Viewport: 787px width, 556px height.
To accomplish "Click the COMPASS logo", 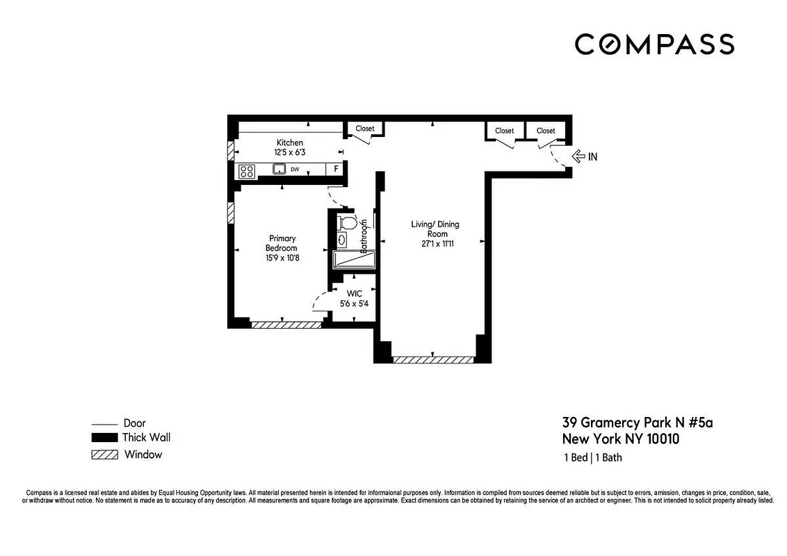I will (x=654, y=44).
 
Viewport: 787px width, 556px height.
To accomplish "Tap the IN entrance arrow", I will (x=578, y=156).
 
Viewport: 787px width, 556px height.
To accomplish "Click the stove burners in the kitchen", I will (x=246, y=170).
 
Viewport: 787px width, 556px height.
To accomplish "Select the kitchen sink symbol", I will (x=279, y=168).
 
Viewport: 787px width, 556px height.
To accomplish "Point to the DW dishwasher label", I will (x=295, y=169).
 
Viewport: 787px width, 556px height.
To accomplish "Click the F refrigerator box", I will (x=336, y=169).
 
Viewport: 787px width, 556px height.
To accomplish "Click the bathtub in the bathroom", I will (x=354, y=260).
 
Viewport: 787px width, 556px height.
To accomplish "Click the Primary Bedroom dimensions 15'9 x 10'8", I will (x=282, y=258).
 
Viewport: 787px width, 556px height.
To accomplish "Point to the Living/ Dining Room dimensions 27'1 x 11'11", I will (x=435, y=244).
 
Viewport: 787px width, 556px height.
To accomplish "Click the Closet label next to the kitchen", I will (x=364, y=129).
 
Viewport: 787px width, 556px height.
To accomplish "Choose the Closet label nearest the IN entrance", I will (x=546, y=131).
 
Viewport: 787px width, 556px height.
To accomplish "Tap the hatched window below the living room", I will (x=433, y=360).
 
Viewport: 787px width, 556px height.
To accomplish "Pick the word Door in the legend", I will (x=134, y=423).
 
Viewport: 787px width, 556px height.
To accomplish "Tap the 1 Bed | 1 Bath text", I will (x=592, y=458).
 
